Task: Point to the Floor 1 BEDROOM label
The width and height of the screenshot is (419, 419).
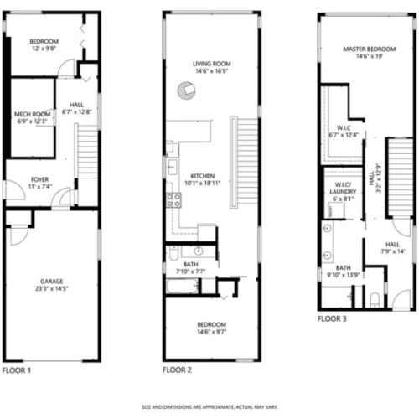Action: tap(44, 41)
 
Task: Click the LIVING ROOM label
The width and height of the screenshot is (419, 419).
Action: tap(211, 64)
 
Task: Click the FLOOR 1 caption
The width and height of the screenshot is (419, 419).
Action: tap(18, 370)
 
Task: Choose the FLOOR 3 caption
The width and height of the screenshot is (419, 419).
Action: tap(333, 319)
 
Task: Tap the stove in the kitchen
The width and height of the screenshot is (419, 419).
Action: tap(174, 199)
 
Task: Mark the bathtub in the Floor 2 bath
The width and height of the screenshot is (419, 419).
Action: tap(181, 287)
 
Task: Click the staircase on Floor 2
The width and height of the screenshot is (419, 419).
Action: tap(246, 159)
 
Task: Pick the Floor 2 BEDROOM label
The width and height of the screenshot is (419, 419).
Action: tap(211, 324)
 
